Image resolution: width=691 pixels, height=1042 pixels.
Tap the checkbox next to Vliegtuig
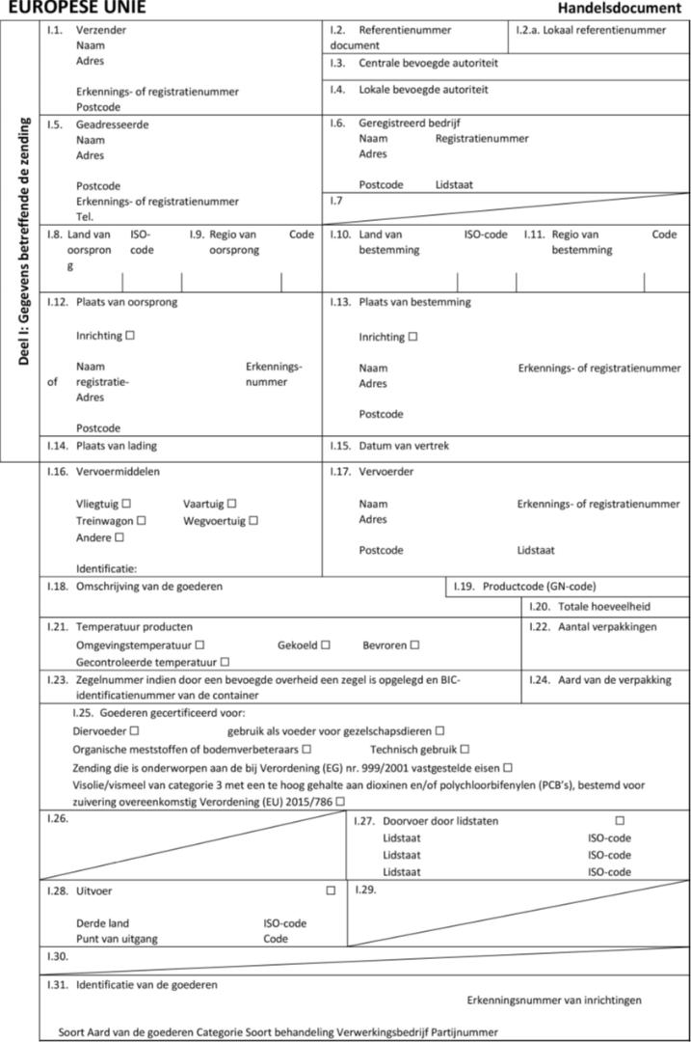[x=126, y=504]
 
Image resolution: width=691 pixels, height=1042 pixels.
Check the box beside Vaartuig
[x=232, y=504]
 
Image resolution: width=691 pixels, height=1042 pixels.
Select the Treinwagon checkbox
[x=142, y=521]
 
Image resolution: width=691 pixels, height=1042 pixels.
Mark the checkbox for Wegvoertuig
[x=253, y=521]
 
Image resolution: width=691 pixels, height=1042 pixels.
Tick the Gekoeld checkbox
[x=326, y=644]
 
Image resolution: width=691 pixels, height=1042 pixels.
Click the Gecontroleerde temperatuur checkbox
[x=224, y=662]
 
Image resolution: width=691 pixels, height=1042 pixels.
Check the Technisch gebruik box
[x=465, y=749]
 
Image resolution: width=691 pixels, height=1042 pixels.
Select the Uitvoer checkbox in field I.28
[x=331, y=891]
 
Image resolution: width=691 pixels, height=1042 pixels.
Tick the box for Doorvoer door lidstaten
[x=620, y=821]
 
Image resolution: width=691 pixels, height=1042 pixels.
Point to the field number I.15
[x=338, y=446]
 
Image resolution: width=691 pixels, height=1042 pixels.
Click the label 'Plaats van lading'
[x=117, y=446]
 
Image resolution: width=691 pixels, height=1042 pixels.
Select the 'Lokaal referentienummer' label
[x=604, y=30]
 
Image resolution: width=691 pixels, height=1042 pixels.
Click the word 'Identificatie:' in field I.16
[x=106, y=568]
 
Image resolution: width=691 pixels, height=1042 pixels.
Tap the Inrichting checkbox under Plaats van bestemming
[x=412, y=338]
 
